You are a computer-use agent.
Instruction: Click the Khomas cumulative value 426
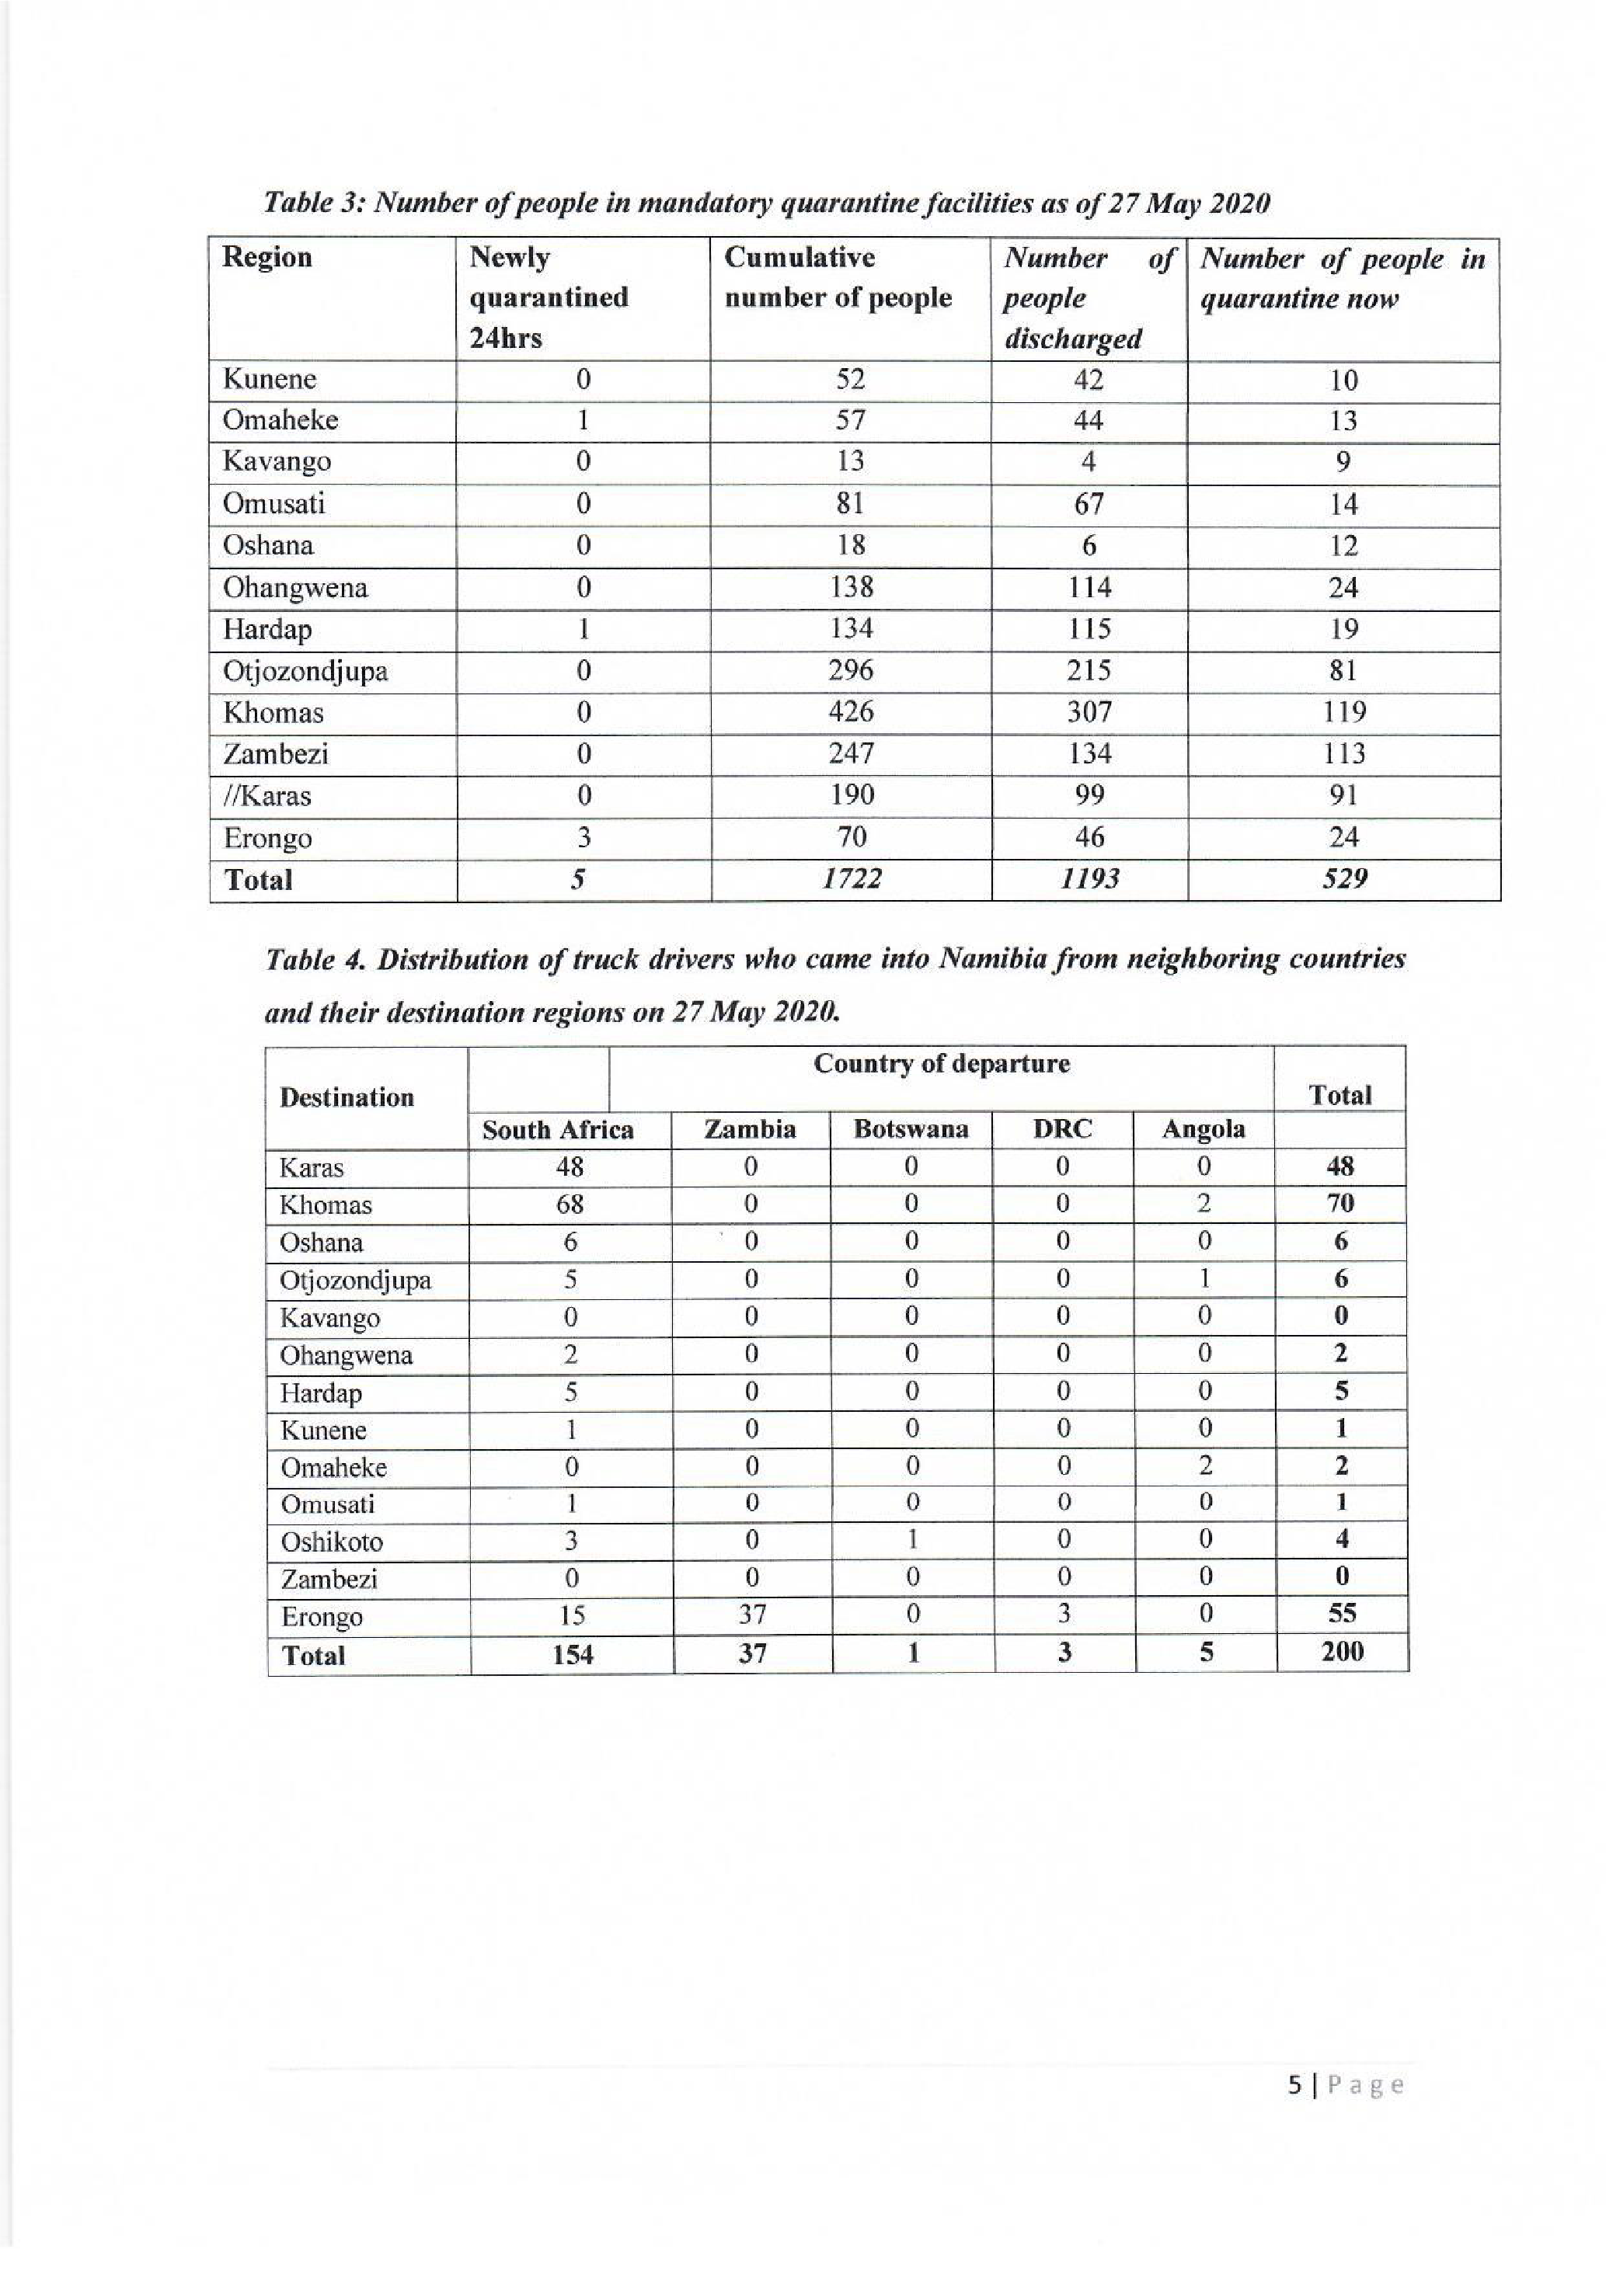click(851, 712)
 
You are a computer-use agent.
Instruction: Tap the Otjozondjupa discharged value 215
click(1088, 670)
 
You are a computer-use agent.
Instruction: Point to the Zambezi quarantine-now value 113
click(1343, 754)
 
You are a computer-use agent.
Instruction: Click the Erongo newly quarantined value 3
click(584, 837)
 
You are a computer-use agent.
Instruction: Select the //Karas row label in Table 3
click(267, 796)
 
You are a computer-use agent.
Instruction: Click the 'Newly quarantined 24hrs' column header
click(549, 297)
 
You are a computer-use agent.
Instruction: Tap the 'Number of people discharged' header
click(1088, 297)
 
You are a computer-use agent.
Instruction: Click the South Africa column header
click(558, 1130)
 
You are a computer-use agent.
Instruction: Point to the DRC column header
click(1062, 1129)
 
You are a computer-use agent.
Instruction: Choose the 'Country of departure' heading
click(942, 1065)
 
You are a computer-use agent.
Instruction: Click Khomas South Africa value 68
click(570, 1205)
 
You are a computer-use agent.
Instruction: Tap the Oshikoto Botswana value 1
click(912, 1539)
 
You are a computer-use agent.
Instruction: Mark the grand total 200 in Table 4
click(1342, 1652)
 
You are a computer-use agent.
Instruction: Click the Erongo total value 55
click(1342, 1615)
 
